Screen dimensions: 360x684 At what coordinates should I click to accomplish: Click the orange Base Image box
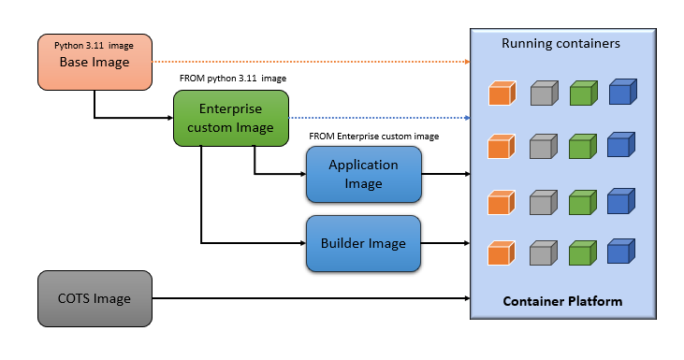coord(95,63)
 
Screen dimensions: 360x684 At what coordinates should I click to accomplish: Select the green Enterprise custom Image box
coord(230,119)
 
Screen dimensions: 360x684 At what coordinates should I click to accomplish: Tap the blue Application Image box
coord(363,174)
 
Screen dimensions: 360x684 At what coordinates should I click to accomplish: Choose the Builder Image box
coord(363,243)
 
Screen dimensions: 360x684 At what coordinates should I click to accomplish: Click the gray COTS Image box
coord(95,298)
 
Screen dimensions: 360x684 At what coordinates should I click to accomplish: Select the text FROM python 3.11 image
coord(233,79)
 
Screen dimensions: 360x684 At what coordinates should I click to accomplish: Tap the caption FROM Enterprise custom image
coord(373,137)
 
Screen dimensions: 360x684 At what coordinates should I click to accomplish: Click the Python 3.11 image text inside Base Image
coord(95,45)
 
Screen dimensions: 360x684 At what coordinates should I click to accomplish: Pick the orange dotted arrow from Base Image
coord(309,62)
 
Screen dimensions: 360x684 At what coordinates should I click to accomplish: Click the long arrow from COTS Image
coord(309,298)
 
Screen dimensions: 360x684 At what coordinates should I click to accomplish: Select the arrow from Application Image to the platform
coord(444,174)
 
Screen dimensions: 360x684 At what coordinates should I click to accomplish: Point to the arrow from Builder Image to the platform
coord(444,243)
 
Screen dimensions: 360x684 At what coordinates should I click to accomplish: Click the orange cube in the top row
coord(502,93)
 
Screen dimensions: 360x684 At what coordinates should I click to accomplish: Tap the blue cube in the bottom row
coord(620,252)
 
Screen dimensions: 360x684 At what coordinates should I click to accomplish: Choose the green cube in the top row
coord(582,93)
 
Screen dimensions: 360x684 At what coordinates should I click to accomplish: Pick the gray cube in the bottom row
coord(543,253)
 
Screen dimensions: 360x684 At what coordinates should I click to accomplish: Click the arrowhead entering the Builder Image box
coord(301,243)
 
